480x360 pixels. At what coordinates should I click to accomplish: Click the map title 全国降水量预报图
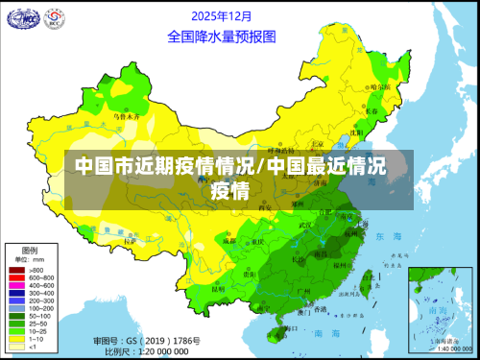tap(221, 36)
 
